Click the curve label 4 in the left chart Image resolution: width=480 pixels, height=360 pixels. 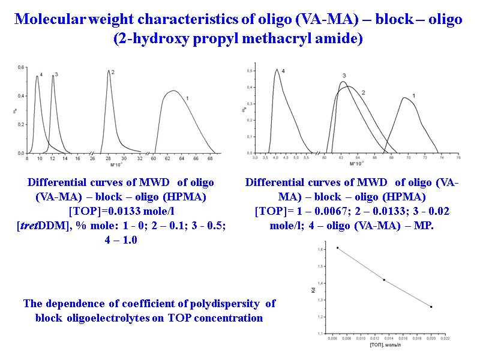[x=41, y=74]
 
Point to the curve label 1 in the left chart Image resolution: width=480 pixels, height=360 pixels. [x=188, y=98]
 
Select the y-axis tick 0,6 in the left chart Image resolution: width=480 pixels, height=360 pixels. [x=21, y=67]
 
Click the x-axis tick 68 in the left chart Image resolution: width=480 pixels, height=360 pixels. [x=209, y=159]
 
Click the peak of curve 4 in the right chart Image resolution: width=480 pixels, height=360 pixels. [x=277, y=70]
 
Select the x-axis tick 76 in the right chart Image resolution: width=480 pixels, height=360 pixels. [x=458, y=158]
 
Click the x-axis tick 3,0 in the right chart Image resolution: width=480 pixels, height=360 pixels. [x=256, y=158]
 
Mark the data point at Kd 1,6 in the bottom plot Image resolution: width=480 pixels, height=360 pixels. [x=337, y=248]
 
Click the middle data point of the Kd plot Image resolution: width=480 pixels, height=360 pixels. [x=384, y=280]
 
